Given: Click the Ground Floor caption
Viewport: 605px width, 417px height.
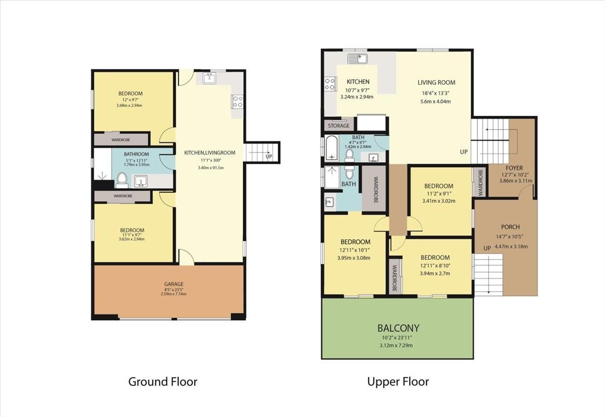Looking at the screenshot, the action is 162,382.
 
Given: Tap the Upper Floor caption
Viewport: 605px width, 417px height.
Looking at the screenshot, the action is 398,382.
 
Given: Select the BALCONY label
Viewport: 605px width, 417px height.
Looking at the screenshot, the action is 398,328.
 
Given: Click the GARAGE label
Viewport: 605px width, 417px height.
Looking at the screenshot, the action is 173,284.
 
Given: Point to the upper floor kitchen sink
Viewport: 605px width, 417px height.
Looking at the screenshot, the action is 357,59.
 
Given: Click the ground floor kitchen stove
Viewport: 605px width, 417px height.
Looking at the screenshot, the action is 237,101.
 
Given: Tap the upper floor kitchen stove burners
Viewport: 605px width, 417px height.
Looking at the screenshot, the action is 330,84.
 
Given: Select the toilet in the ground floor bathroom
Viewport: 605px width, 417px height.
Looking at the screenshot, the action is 122,180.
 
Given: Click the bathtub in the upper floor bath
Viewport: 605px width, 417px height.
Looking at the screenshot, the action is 331,148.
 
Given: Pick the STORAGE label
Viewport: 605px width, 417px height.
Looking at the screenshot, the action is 338,126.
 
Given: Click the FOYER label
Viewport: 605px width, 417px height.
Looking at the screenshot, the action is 514,168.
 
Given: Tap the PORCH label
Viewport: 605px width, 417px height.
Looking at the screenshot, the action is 510,227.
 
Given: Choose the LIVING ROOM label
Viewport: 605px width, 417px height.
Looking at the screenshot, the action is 436,82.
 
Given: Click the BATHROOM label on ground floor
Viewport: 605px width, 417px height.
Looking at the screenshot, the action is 136,154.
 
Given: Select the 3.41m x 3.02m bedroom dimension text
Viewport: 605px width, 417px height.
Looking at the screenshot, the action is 439,201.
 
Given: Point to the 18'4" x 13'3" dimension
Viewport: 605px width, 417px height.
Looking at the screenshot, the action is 436,93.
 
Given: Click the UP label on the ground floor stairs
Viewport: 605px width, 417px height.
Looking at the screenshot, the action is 269,157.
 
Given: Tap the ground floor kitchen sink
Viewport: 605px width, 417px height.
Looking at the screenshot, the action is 209,78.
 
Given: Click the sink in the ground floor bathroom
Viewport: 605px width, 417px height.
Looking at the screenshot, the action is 141,181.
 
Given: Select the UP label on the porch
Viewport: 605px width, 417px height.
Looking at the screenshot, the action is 487,248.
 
